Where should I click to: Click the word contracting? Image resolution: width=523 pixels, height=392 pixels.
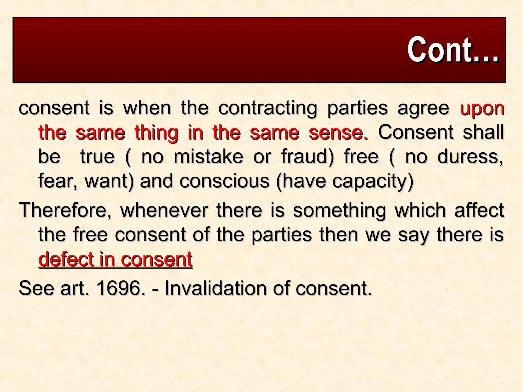(x=268, y=108)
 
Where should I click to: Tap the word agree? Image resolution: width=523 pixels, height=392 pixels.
(x=423, y=108)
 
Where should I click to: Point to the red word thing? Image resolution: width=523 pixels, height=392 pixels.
(x=156, y=133)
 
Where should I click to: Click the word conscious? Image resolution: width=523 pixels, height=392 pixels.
(x=224, y=181)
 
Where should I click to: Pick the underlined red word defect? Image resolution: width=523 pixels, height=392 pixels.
(x=66, y=259)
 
